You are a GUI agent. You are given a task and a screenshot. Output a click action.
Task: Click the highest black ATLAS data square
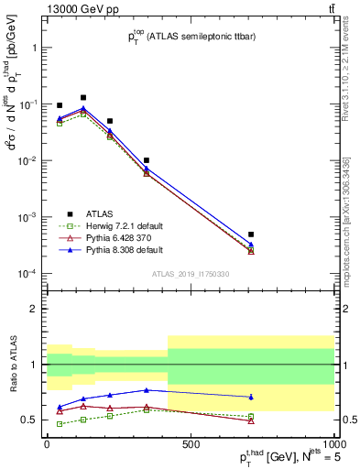coord(83,97)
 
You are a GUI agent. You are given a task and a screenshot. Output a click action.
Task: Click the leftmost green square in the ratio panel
coord(60,423)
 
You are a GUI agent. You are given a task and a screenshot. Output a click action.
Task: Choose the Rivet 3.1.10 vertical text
coord(352,64)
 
